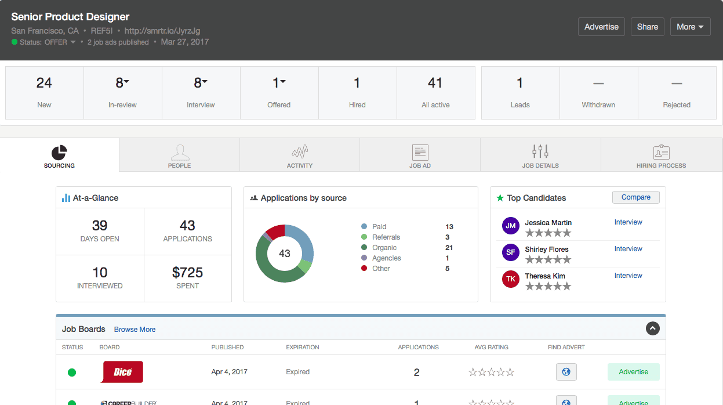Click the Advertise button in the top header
click(601, 27)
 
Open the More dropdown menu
click(690, 27)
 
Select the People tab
click(179, 156)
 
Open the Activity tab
click(299, 156)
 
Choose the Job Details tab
click(540, 156)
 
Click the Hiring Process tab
click(661, 156)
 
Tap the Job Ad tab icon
click(420, 153)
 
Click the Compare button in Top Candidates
click(635, 197)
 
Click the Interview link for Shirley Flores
click(628, 249)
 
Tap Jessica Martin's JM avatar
click(510, 226)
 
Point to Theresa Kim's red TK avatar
click(510, 279)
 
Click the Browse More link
click(135, 330)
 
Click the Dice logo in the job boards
click(122, 372)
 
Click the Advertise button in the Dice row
click(633, 372)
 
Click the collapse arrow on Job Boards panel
click(653, 329)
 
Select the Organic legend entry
click(384, 248)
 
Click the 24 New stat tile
click(44, 92)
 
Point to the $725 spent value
click(187, 273)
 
